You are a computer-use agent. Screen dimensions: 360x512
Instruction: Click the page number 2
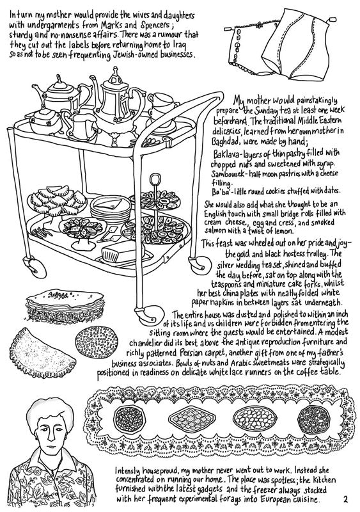click(x=345, y=499)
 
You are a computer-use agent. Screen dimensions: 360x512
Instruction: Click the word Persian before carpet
click(x=192, y=353)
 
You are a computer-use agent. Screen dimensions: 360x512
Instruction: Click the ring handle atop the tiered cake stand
click(x=155, y=179)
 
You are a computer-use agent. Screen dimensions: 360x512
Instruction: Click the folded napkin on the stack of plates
click(x=112, y=204)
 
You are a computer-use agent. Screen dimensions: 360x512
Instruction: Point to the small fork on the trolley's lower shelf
click(x=42, y=232)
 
